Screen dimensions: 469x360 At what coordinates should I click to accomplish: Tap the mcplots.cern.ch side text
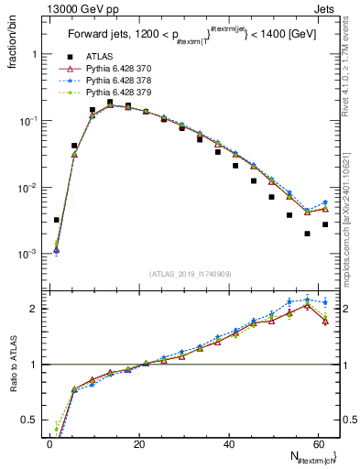(351, 220)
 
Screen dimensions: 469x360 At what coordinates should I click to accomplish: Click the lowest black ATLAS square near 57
(307, 234)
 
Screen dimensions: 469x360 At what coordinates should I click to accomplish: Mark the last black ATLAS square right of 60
(325, 224)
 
